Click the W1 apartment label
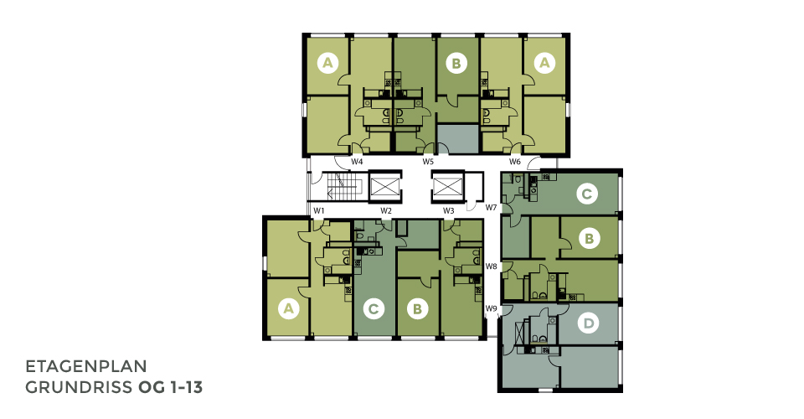pyautogui.click(x=319, y=210)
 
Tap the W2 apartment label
pyautogui.click(x=386, y=210)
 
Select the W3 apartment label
pyautogui.click(x=449, y=210)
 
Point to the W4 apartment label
pyautogui.click(x=357, y=162)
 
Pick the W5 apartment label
pyautogui.click(x=428, y=162)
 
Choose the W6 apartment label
pyautogui.click(x=515, y=162)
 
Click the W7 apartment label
pyautogui.click(x=492, y=207)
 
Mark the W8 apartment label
pyautogui.click(x=492, y=266)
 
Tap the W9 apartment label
pyautogui.click(x=492, y=308)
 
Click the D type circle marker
pyautogui.click(x=588, y=323)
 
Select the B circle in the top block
pyautogui.click(x=456, y=64)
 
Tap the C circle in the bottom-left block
pyautogui.click(x=374, y=309)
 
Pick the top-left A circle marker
pyautogui.click(x=327, y=63)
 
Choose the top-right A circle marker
pyautogui.click(x=544, y=63)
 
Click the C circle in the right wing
pyautogui.click(x=586, y=194)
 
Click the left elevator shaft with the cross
pyautogui.click(x=384, y=186)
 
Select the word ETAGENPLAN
pyautogui.click(x=86, y=367)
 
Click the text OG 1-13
pyautogui.click(x=170, y=388)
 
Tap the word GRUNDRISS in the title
pyautogui.click(x=79, y=388)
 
